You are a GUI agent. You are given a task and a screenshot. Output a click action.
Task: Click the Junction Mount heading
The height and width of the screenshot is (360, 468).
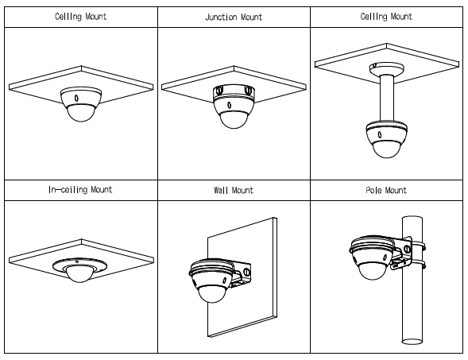click(x=234, y=17)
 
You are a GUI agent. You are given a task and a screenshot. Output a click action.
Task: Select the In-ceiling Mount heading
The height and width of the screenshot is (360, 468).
click(x=80, y=190)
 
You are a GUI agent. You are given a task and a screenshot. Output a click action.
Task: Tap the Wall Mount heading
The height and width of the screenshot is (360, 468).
click(x=234, y=190)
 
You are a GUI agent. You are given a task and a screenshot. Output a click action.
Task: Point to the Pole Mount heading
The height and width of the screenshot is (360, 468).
click(x=386, y=190)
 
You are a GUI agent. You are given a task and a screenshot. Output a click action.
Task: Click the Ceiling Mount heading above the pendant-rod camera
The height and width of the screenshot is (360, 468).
click(x=386, y=17)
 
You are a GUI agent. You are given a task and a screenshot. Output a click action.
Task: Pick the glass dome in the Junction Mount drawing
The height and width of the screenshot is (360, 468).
click(x=234, y=120)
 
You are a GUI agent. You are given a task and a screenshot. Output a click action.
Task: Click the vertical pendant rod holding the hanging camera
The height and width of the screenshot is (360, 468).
click(x=387, y=98)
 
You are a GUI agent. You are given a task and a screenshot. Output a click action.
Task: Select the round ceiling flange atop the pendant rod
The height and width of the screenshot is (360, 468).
click(x=387, y=69)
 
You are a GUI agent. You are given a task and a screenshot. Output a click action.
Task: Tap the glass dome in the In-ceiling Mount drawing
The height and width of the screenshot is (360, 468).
click(x=79, y=275)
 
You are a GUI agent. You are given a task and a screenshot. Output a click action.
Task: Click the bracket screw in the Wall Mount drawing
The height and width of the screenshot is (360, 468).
click(x=246, y=272)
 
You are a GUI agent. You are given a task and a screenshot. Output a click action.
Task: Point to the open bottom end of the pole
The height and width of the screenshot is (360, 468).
click(x=412, y=341)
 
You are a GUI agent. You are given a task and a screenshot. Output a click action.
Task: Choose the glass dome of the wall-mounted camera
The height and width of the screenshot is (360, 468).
click(x=212, y=294)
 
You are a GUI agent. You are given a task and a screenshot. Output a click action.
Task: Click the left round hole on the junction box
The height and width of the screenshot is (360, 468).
click(x=220, y=90)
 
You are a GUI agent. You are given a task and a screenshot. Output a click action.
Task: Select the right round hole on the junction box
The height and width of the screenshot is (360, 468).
click(x=248, y=89)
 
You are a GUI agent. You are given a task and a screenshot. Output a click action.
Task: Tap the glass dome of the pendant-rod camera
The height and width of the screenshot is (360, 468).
click(x=387, y=149)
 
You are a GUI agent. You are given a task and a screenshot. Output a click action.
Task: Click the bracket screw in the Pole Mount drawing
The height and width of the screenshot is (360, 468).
click(x=407, y=249)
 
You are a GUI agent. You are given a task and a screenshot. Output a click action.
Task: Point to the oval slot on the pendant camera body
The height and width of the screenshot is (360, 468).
click(x=379, y=134)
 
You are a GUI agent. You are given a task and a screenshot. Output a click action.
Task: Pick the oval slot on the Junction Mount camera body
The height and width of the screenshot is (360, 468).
click(x=229, y=105)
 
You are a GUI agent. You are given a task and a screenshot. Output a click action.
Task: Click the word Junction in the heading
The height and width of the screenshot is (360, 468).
click(x=221, y=17)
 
